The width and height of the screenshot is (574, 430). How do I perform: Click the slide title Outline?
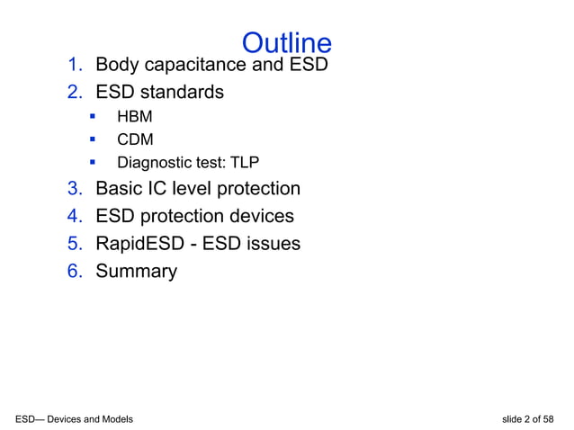point(287,42)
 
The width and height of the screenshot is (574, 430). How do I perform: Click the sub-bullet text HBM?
point(135,117)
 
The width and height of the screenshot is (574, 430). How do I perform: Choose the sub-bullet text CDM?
point(135,139)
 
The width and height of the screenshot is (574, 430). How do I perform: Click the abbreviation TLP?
point(245,163)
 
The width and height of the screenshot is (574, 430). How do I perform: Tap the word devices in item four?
point(261,216)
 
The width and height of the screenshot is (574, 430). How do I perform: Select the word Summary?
point(136,271)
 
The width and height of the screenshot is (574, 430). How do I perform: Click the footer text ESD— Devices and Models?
point(75,419)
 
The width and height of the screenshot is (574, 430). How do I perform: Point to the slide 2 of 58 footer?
point(531,419)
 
